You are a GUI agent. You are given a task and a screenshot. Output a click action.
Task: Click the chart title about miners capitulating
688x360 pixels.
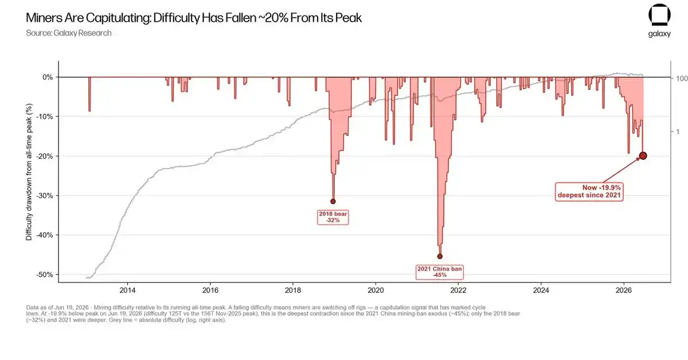pos(194,18)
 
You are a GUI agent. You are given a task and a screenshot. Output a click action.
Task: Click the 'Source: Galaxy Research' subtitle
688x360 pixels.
pos(69,33)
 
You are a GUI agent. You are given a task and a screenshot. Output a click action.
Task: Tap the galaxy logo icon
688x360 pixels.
pos(659,15)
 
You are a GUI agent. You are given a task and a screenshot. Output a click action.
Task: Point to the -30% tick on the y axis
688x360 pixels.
pos(45,195)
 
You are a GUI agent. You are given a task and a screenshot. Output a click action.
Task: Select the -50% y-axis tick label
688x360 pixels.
pos(45,275)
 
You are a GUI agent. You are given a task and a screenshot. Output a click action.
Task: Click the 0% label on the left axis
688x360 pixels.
pos(48,77)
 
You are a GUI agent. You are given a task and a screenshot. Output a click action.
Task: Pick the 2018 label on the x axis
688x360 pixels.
pos(293,290)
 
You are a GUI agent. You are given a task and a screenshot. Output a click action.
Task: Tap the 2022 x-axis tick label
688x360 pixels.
pos(458,290)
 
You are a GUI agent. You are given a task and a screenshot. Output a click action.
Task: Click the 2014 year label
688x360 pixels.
pos(127,290)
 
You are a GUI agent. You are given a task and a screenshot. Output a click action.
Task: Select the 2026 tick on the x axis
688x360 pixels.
pos(624,290)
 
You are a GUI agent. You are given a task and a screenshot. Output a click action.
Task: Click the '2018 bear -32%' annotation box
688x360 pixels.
pos(333,217)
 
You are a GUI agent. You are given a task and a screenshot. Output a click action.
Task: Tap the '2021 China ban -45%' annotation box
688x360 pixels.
pos(440,272)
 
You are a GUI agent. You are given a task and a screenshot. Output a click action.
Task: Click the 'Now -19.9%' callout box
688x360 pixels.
pos(589,191)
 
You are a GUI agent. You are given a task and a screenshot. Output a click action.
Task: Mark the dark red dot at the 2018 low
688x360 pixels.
pos(333,202)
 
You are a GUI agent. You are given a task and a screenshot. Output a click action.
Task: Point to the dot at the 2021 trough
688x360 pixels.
pos(440,256)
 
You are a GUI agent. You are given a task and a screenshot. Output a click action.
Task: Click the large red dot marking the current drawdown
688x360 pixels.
pos(643,156)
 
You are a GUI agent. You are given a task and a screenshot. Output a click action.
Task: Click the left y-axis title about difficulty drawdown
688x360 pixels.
pos(29,172)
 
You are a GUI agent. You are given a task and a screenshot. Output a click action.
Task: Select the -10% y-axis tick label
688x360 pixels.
pos(45,117)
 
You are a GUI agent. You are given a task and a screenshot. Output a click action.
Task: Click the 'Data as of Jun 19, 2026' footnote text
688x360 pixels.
pos(273,314)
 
